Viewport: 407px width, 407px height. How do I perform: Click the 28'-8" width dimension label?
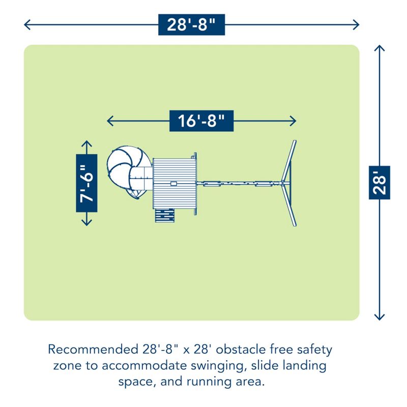click(191, 24)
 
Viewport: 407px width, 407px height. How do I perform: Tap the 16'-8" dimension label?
click(201, 121)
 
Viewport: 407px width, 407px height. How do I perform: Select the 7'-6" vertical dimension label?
click(86, 183)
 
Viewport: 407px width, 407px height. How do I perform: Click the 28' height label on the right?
click(380, 182)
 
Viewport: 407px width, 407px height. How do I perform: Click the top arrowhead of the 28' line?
click(380, 47)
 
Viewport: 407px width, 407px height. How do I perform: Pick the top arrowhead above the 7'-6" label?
click(86, 143)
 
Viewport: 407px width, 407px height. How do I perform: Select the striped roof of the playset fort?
click(175, 183)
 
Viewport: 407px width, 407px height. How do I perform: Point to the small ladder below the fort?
click(165, 216)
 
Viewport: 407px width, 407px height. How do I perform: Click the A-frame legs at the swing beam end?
click(288, 183)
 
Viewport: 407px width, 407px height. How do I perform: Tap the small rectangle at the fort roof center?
click(175, 183)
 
